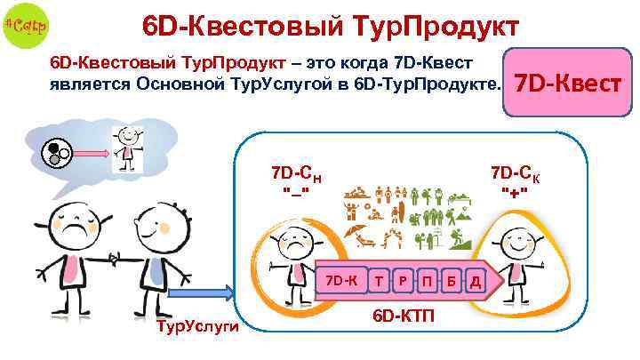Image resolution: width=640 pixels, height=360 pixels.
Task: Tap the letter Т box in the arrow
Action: pos(380,281)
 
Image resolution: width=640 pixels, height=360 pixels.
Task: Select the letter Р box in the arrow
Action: pos(404,281)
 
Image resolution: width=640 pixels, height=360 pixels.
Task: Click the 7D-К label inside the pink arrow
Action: pos(340,280)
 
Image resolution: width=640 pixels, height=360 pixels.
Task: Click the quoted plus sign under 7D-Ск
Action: pos(516,192)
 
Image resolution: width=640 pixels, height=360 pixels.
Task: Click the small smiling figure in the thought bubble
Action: pos(126,147)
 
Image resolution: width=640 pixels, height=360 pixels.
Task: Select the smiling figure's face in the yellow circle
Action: pos(516,238)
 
